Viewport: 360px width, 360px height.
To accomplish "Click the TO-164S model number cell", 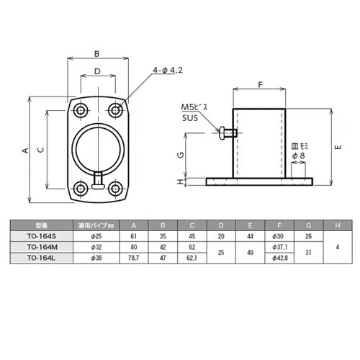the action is (42, 236).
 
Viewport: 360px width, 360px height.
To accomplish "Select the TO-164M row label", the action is (42, 247).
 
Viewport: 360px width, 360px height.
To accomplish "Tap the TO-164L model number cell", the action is (41, 258).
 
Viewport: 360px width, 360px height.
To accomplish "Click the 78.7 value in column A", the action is (134, 258).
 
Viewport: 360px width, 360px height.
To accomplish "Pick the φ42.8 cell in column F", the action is (279, 258).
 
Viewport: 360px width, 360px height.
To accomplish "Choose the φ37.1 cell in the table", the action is (279, 247).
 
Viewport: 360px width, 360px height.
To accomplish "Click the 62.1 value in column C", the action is (192, 258).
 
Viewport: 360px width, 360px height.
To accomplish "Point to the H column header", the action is (338, 225).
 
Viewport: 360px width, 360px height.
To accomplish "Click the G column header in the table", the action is (308, 225).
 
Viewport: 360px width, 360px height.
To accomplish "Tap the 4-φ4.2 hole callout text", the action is (168, 70).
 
